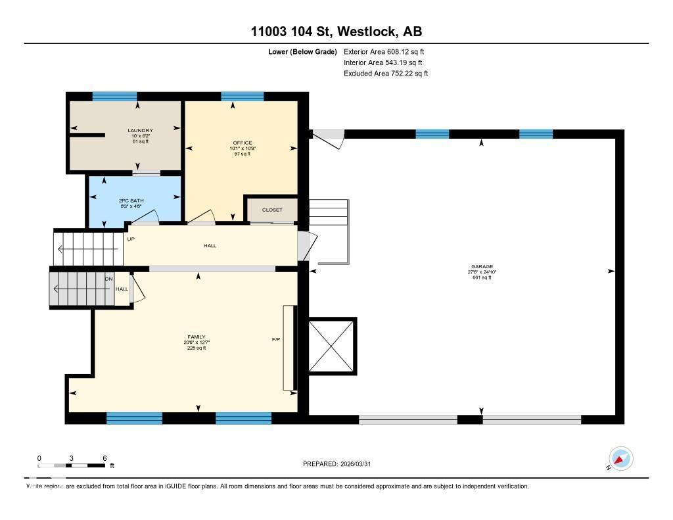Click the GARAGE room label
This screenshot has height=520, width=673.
tap(482, 266)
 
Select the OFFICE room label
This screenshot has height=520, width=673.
tap(242, 143)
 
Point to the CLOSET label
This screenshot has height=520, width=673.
tap(272, 210)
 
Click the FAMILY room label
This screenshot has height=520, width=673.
tap(196, 337)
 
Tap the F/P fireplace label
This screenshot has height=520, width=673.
tap(276, 340)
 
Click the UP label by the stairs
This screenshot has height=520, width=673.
tap(131, 239)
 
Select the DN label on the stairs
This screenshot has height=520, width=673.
tap(108, 279)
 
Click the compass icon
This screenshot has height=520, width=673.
tap(620, 459)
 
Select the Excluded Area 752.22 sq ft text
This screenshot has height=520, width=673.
tap(386, 74)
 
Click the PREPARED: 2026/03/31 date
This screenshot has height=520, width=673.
tap(340, 464)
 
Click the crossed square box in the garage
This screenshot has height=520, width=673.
tap(331, 346)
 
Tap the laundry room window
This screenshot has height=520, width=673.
tap(114, 96)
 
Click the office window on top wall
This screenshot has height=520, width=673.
tap(242, 96)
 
